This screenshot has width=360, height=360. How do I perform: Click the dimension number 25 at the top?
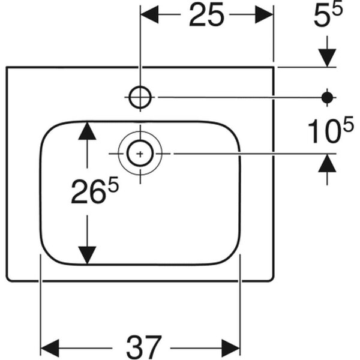tap(206, 14)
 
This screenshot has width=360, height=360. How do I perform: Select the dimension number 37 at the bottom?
tap(144, 348)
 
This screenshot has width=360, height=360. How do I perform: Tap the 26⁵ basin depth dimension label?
tap(95, 190)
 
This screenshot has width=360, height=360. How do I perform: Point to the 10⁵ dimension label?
tap(331, 130)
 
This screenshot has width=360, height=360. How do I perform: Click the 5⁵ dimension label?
tap(328, 14)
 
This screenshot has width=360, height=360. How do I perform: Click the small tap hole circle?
tap(140, 97)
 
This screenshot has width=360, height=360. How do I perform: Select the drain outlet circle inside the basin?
tap(140, 154)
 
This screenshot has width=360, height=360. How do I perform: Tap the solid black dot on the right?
tap(327, 98)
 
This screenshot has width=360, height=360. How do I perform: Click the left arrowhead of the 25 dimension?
tap(149, 14)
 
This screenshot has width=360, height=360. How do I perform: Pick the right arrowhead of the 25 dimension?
tap(264, 14)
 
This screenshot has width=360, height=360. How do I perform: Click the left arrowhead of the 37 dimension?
tap(50, 348)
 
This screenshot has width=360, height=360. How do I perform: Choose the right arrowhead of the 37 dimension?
tap(231, 348)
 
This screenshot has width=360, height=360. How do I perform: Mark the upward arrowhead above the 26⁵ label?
tap(87, 131)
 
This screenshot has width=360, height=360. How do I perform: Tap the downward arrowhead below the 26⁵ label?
tap(87, 256)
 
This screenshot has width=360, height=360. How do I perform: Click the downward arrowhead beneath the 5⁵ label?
tap(327, 58)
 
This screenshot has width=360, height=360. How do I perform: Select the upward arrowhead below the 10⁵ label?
tap(327, 163)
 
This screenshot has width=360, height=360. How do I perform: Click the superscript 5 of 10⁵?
tap(348, 124)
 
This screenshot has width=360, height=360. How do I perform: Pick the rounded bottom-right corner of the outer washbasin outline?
tap(271, 278)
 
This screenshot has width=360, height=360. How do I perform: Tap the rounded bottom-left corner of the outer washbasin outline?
tap(9, 278)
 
